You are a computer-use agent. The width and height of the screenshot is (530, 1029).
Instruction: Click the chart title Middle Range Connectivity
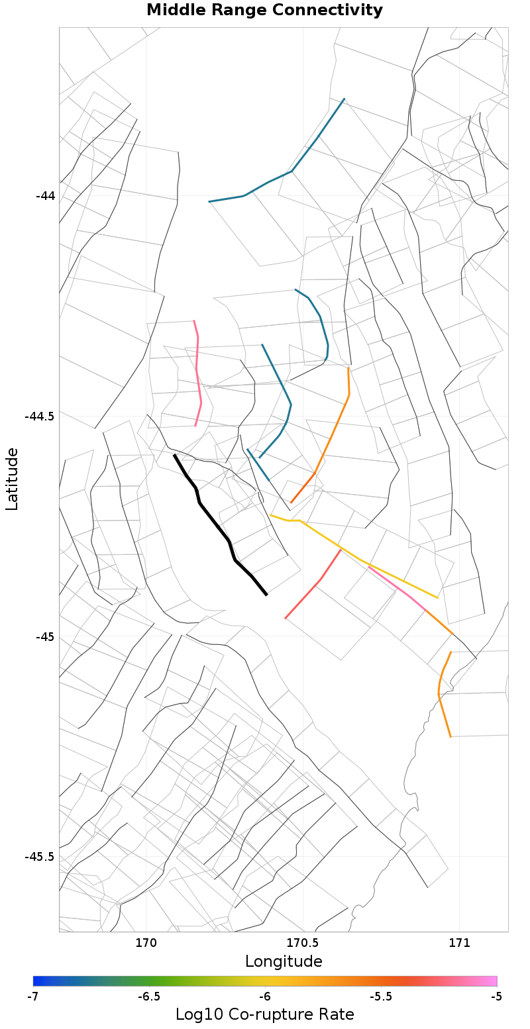264,11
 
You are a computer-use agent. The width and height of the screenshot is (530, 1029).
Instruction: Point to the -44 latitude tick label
45,196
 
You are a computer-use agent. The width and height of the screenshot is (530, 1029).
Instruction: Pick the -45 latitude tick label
45,637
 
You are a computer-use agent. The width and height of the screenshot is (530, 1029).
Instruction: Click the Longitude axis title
284,961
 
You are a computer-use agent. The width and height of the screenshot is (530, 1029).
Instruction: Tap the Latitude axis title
12,479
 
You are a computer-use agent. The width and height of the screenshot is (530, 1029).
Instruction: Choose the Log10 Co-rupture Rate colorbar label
264,1014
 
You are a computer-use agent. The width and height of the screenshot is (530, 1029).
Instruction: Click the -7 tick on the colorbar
33,997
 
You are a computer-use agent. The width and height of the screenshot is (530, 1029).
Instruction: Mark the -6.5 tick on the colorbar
149,997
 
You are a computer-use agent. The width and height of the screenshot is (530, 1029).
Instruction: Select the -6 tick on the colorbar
265,997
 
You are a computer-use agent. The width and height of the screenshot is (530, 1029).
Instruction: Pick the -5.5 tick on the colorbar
381,997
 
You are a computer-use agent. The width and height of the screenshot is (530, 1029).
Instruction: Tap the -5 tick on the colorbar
497,997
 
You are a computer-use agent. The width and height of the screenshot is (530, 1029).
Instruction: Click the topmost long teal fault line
291,171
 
